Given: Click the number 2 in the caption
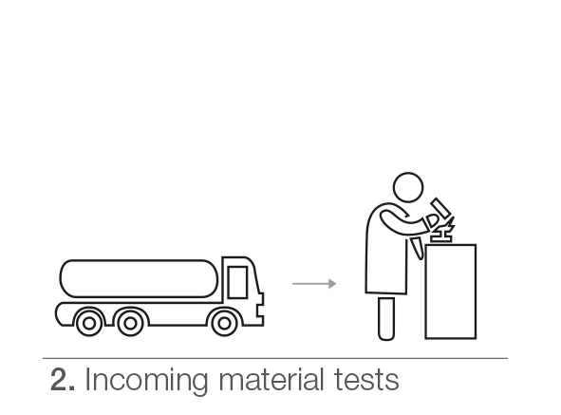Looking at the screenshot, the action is pyautogui.click(x=60, y=379).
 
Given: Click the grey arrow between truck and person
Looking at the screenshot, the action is pyautogui.click(x=314, y=284).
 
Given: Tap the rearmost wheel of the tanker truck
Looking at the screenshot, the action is pyautogui.click(x=89, y=323).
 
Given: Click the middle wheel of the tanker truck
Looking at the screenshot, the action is pyautogui.click(x=131, y=323).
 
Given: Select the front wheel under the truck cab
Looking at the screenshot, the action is pyautogui.click(x=224, y=323).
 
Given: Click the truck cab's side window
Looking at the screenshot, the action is pyautogui.click(x=237, y=282).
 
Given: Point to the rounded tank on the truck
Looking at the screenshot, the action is pyautogui.click(x=139, y=278).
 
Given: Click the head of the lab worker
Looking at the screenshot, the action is pyautogui.click(x=408, y=187).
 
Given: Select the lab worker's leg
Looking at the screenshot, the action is pyautogui.click(x=386, y=318).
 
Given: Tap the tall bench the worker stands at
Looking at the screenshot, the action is pyautogui.click(x=451, y=292).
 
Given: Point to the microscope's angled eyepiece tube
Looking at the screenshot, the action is pyautogui.click(x=440, y=208).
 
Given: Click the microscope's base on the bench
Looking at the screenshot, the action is pyautogui.click(x=441, y=238).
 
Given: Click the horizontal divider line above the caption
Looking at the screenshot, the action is pyautogui.click(x=274, y=358).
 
